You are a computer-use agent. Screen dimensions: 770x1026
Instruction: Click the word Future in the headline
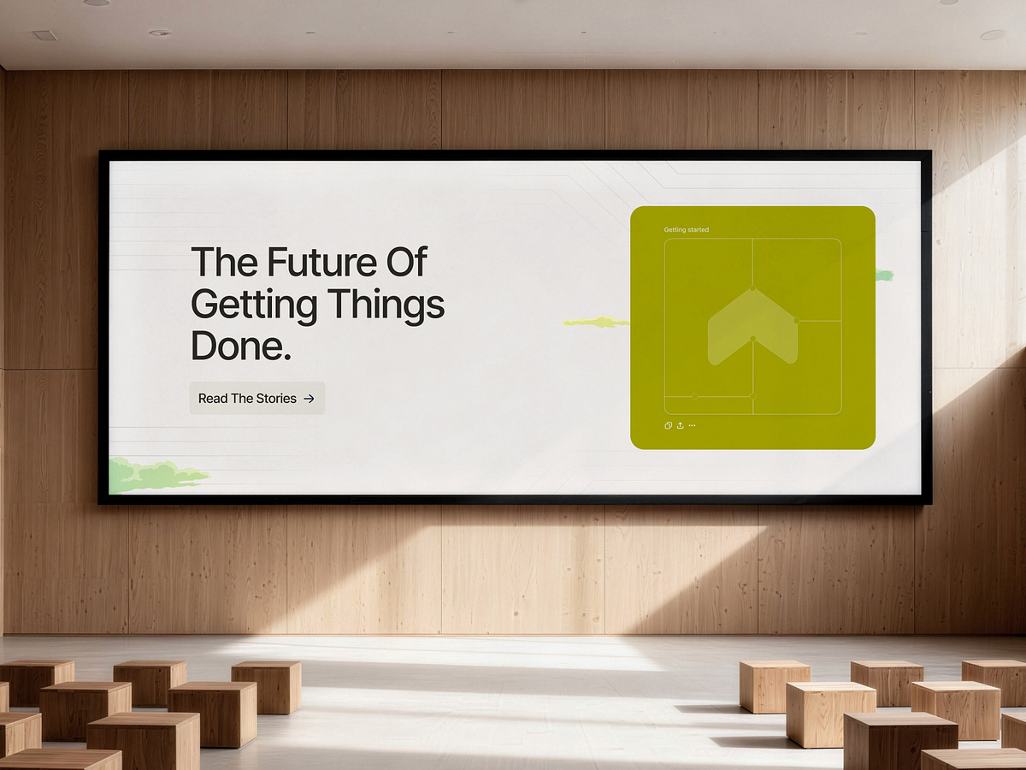click(321, 262)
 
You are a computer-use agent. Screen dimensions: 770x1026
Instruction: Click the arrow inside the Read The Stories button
click(310, 399)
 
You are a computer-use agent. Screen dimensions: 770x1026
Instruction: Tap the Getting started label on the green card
click(686, 230)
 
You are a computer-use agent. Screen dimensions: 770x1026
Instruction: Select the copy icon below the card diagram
click(668, 425)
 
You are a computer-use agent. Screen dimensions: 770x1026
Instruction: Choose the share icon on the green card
click(680, 425)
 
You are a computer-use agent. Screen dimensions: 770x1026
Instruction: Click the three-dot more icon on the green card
click(692, 425)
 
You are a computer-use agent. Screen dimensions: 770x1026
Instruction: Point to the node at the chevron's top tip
click(752, 288)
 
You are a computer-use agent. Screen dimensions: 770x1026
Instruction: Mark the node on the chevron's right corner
click(796, 321)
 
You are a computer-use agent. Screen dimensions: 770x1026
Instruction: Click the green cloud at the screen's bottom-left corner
click(154, 476)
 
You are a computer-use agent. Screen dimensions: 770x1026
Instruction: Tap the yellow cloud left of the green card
click(596, 323)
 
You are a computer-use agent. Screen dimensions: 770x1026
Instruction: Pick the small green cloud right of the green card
click(883, 275)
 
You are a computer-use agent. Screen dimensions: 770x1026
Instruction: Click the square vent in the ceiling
click(44, 35)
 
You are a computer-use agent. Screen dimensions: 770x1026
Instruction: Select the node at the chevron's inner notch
click(752, 340)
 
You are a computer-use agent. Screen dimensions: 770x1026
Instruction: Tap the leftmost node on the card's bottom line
click(694, 396)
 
